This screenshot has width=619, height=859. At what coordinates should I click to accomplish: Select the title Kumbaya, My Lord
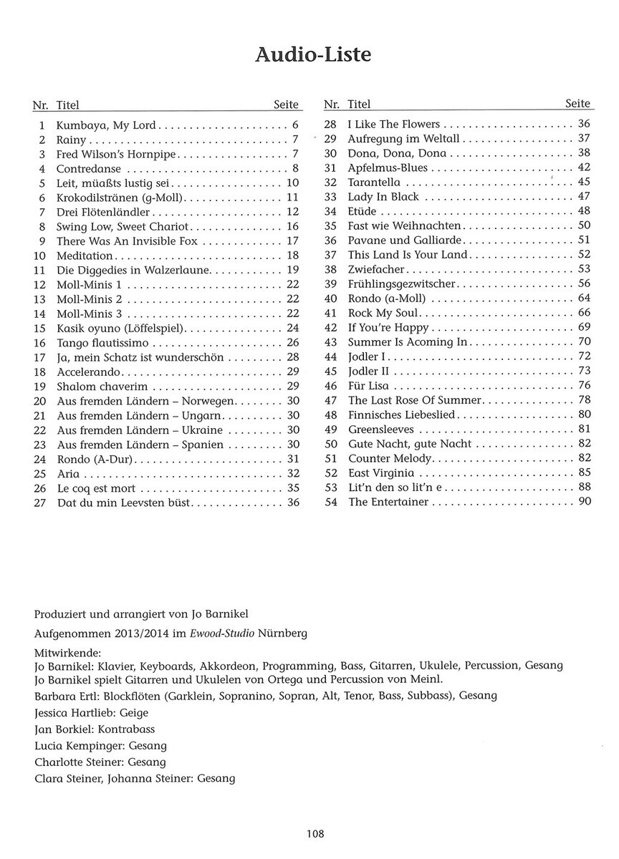coord(105,125)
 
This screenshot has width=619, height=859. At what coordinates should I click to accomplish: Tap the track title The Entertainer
coord(388,503)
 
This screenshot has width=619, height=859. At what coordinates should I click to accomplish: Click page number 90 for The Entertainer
coord(583,503)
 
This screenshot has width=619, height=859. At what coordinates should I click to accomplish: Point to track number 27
coord(40,503)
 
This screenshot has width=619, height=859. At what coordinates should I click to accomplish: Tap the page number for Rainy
coord(294,140)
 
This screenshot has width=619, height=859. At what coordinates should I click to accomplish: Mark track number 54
coord(331,503)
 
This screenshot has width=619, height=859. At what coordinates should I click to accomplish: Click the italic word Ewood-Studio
coord(208,634)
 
